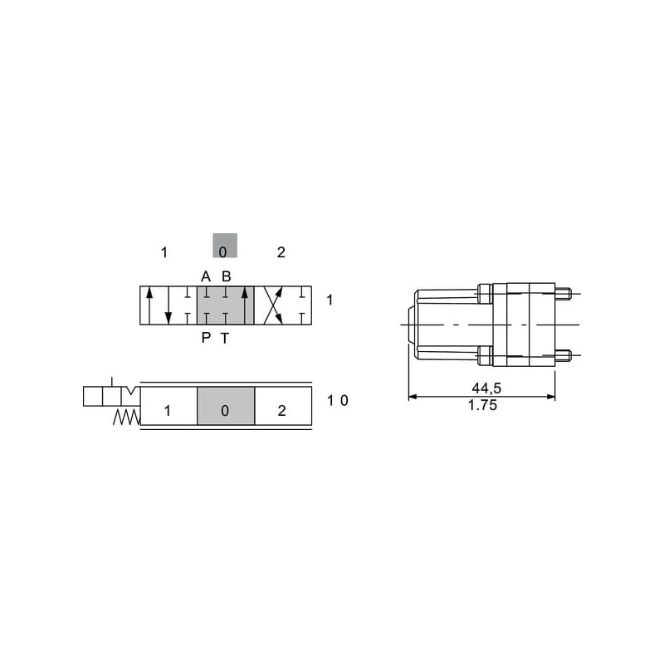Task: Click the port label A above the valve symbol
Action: click(206, 276)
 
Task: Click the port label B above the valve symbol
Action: click(226, 276)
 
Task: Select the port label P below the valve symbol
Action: click(206, 338)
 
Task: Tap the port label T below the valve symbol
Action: click(225, 338)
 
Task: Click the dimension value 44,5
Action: click(486, 388)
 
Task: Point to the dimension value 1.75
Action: click(482, 405)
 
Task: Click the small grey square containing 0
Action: click(225, 245)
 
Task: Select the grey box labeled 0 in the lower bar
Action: click(226, 406)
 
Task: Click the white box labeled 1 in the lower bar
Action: click(168, 406)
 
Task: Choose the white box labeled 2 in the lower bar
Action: click(283, 406)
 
